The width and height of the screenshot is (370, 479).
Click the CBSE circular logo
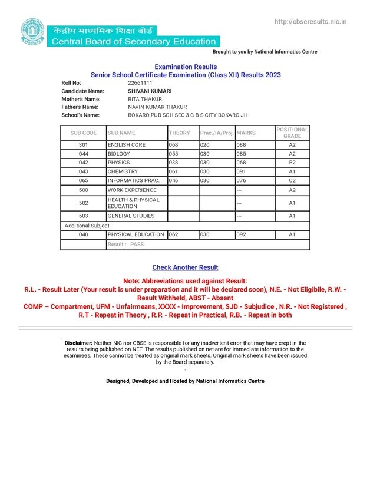coord(32,32)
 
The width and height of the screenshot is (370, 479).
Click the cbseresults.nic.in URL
coord(310,22)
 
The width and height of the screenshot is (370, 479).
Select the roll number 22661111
coord(140,83)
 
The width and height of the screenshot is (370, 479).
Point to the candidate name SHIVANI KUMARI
coord(150,91)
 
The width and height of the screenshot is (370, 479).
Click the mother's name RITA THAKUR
coord(145,100)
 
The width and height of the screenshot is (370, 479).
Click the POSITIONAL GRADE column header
coord(292,133)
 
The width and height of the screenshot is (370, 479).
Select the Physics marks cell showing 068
coord(242,163)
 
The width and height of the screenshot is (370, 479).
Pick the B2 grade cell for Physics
coord(292,163)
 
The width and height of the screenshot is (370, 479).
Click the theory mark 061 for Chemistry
coord(174,171)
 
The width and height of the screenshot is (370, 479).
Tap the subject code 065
coord(84,180)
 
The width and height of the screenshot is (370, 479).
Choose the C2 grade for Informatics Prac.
coord(292,180)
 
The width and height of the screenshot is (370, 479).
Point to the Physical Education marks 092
coord(242,234)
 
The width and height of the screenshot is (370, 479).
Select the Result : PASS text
coord(125,244)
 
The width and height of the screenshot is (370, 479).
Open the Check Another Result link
coord(185,267)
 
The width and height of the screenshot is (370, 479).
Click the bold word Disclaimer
coord(78,342)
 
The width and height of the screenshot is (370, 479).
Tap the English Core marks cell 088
coord(242,145)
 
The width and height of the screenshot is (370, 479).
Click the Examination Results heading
coord(185,67)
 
